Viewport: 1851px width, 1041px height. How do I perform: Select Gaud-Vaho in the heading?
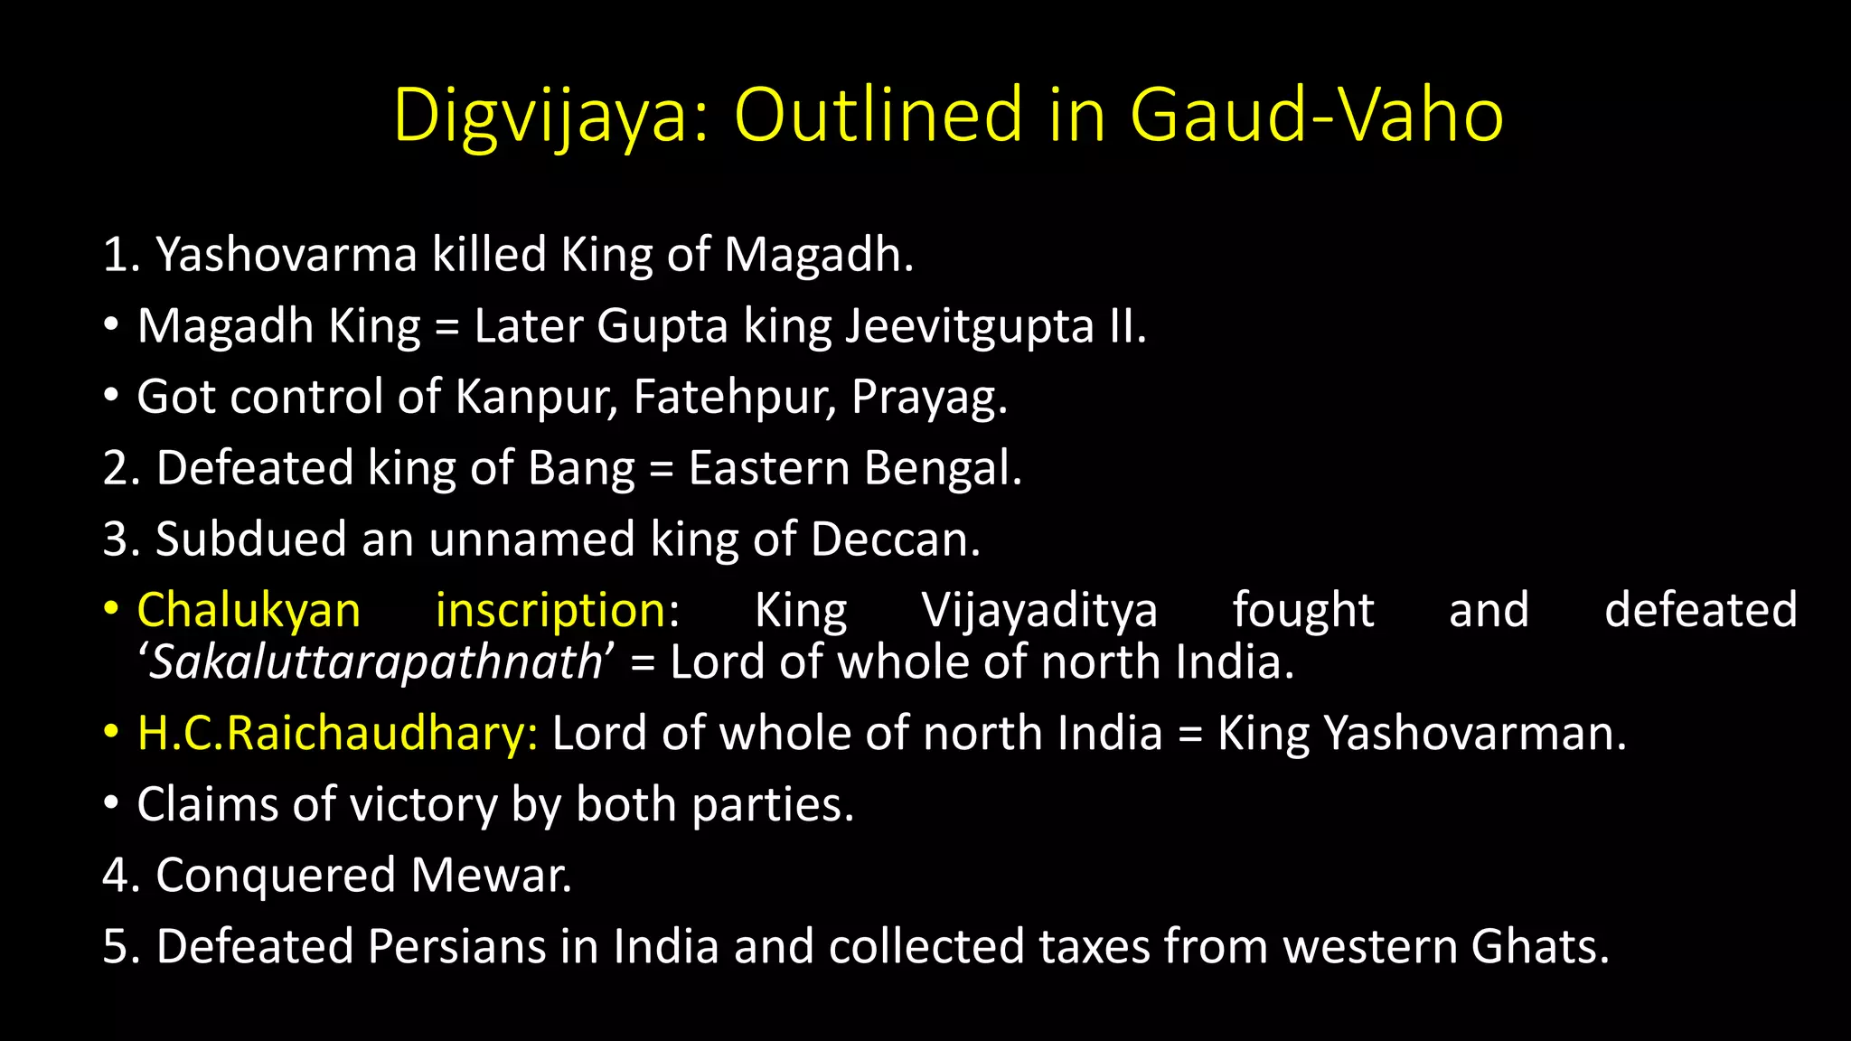tap(1316, 116)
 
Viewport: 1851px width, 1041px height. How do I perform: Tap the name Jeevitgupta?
tap(969, 326)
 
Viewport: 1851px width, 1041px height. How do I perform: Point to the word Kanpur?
tap(536, 397)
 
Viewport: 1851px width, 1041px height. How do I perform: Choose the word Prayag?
tap(928, 399)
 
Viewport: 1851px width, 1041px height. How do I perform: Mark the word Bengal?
tap(942, 468)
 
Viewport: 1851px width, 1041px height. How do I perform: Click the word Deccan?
tap(895, 539)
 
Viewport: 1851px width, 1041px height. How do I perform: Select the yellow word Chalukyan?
tap(249, 610)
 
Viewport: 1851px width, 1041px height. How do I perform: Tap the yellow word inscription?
tap(551, 610)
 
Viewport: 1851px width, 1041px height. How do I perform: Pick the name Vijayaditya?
tap(1039, 610)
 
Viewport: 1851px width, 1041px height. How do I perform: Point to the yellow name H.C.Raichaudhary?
tap(337, 733)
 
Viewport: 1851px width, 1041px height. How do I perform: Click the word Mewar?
tap(491, 876)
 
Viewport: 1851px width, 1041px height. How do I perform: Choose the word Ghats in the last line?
tap(1539, 947)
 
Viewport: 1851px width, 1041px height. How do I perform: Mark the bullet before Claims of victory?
tap(110, 803)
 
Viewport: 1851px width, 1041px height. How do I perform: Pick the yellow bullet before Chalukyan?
tap(110, 608)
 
